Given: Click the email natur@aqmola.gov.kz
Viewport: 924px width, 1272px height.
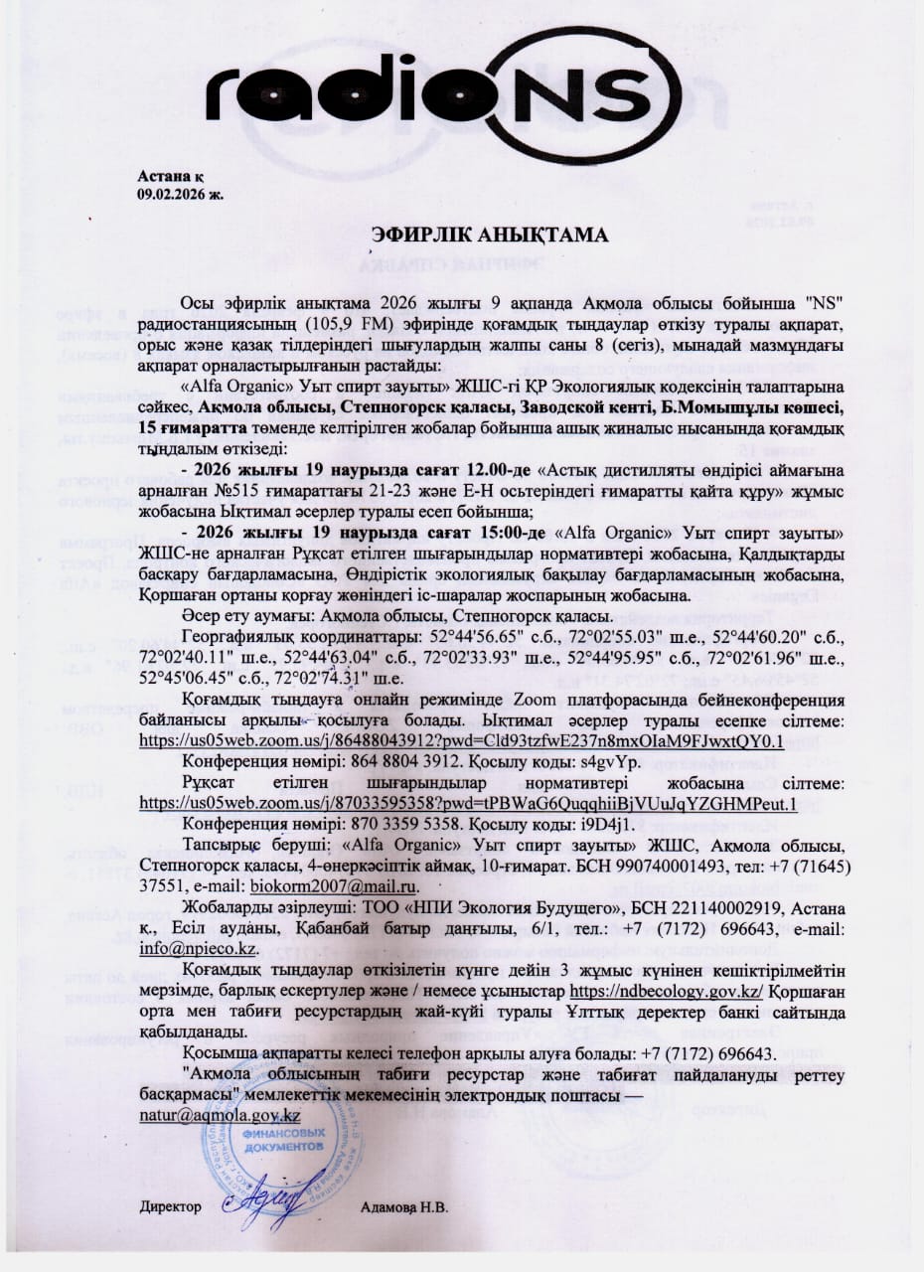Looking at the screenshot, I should click(220, 1116).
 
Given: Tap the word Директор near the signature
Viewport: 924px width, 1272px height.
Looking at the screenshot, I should click(171, 1207).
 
